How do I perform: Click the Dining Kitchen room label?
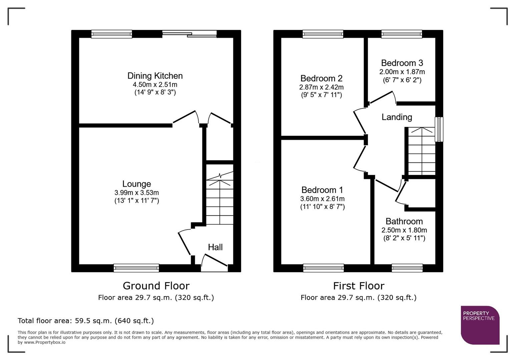(155, 76)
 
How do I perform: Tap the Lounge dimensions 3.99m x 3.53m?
(136, 193)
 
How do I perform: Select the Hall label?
(215, 247)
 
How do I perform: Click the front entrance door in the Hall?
(214, 262)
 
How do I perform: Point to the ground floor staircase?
(219, 200)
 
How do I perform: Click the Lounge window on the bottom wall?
(136, 268)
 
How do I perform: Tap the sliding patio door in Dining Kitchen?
(189, 34)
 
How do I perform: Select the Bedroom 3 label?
(402, 63)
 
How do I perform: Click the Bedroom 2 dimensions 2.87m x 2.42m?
(321, 87)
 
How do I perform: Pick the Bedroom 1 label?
(322, 190)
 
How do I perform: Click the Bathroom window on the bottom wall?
(407, 268)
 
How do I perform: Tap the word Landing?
(397, 117)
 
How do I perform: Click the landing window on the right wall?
(439, 129)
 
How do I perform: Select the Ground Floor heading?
(156, 286)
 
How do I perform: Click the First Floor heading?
(359, 286)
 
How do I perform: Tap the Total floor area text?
(86, 321)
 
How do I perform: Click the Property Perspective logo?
(480, 325)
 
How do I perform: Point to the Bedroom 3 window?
(402, 34)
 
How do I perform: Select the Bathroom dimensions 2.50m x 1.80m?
(404, 230)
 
